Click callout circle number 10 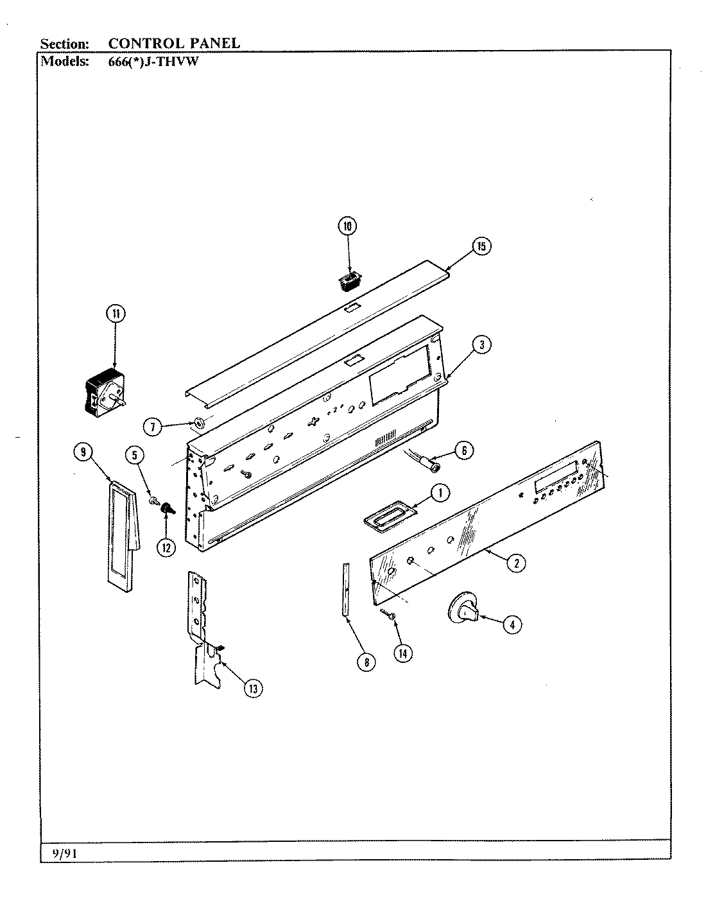point(347,226)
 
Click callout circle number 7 point(151,427)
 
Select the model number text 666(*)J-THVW point(151,62)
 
